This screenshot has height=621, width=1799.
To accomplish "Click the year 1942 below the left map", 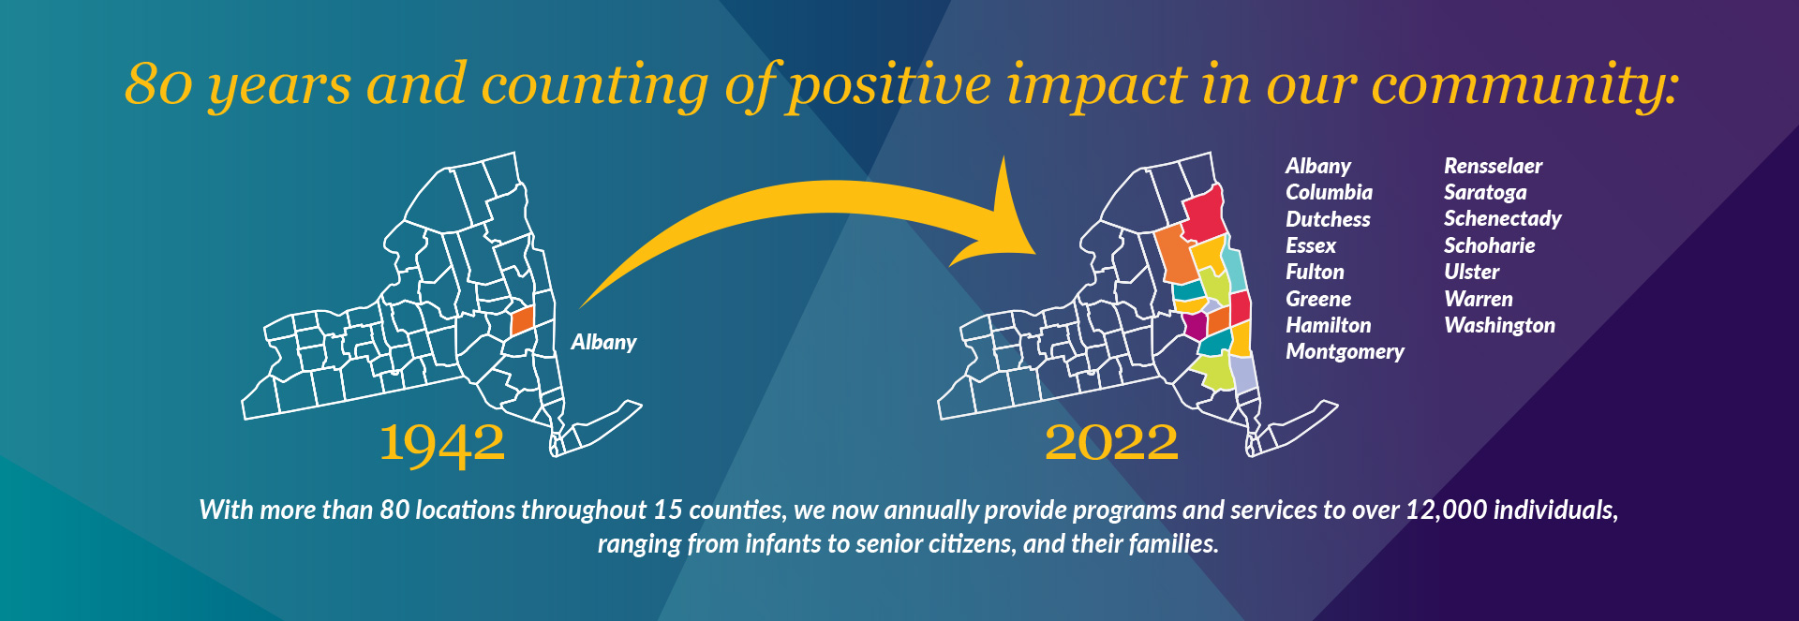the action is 442,443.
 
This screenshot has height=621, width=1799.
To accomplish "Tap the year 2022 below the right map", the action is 1111,442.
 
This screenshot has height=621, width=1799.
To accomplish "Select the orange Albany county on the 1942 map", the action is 522,320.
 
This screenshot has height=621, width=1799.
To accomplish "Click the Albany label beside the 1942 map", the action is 603,343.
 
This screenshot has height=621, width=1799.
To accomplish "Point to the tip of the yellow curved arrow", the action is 1035,253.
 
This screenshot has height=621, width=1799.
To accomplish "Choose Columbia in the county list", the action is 1329,192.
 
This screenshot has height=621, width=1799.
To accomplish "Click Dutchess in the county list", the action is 1328,219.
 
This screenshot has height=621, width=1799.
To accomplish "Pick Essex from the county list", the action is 1311,245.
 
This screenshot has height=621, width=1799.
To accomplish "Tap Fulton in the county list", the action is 1315,272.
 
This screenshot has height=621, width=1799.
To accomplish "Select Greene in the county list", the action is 1318,299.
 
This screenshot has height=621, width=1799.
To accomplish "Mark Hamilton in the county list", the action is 1328,325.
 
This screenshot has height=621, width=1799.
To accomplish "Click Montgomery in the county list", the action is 1345,352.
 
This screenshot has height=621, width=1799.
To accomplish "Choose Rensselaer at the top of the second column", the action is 1493,166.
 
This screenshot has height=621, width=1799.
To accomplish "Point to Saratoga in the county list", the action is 1485,193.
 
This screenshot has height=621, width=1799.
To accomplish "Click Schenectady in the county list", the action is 1503,219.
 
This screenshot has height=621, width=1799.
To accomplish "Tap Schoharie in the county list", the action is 1489,245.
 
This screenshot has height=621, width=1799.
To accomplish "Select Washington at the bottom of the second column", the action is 1499,326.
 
